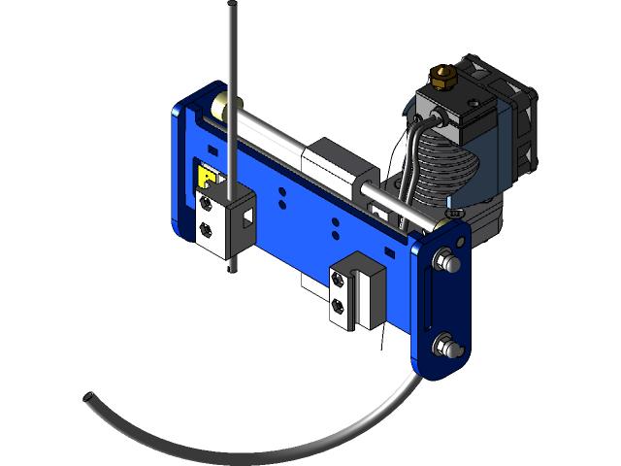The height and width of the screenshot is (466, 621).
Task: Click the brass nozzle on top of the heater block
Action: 443,75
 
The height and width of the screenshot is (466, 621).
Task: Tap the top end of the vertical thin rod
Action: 232,8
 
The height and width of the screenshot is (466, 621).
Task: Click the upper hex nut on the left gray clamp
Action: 206,204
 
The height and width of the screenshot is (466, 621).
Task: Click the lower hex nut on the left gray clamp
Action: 206,230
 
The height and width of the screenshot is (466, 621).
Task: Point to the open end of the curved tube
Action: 88,398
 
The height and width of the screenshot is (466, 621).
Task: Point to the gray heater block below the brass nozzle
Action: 456,109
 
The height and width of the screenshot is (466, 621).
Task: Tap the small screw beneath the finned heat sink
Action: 449,212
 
